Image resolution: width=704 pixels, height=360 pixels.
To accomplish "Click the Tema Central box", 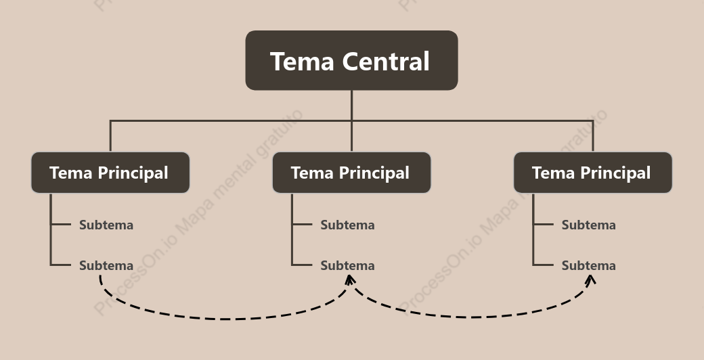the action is point(351,60).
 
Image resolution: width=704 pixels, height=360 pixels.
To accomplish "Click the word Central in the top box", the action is point(386,61).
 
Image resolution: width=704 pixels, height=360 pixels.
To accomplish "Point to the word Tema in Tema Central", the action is point(302,61).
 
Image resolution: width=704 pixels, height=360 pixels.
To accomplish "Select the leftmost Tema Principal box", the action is point(110,173).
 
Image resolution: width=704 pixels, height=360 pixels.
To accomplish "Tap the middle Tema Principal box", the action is point(351,173).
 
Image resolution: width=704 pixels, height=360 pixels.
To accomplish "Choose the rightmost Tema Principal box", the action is point(593,173).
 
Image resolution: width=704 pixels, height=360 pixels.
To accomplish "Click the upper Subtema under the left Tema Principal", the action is point(106,225).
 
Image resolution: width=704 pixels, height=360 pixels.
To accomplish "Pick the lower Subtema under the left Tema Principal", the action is point(106,265).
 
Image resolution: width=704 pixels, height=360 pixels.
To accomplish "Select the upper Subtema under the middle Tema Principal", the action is point(347,225).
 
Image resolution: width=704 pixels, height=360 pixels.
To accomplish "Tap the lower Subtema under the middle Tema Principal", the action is point(347,265).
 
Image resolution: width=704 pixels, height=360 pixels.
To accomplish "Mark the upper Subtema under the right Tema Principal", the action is point(589,225).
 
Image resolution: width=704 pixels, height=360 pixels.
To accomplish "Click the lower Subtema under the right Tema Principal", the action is point(589,265).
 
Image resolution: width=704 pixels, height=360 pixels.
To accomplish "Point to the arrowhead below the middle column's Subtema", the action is point(350,279).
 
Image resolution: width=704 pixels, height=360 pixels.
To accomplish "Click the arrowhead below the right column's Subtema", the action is point(591,279).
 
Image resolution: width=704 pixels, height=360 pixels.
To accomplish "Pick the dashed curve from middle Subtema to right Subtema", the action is point(471,317).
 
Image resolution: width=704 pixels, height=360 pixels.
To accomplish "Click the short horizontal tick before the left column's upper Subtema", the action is point(61,224).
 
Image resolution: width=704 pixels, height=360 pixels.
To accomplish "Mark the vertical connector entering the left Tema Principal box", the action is point(110,136).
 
